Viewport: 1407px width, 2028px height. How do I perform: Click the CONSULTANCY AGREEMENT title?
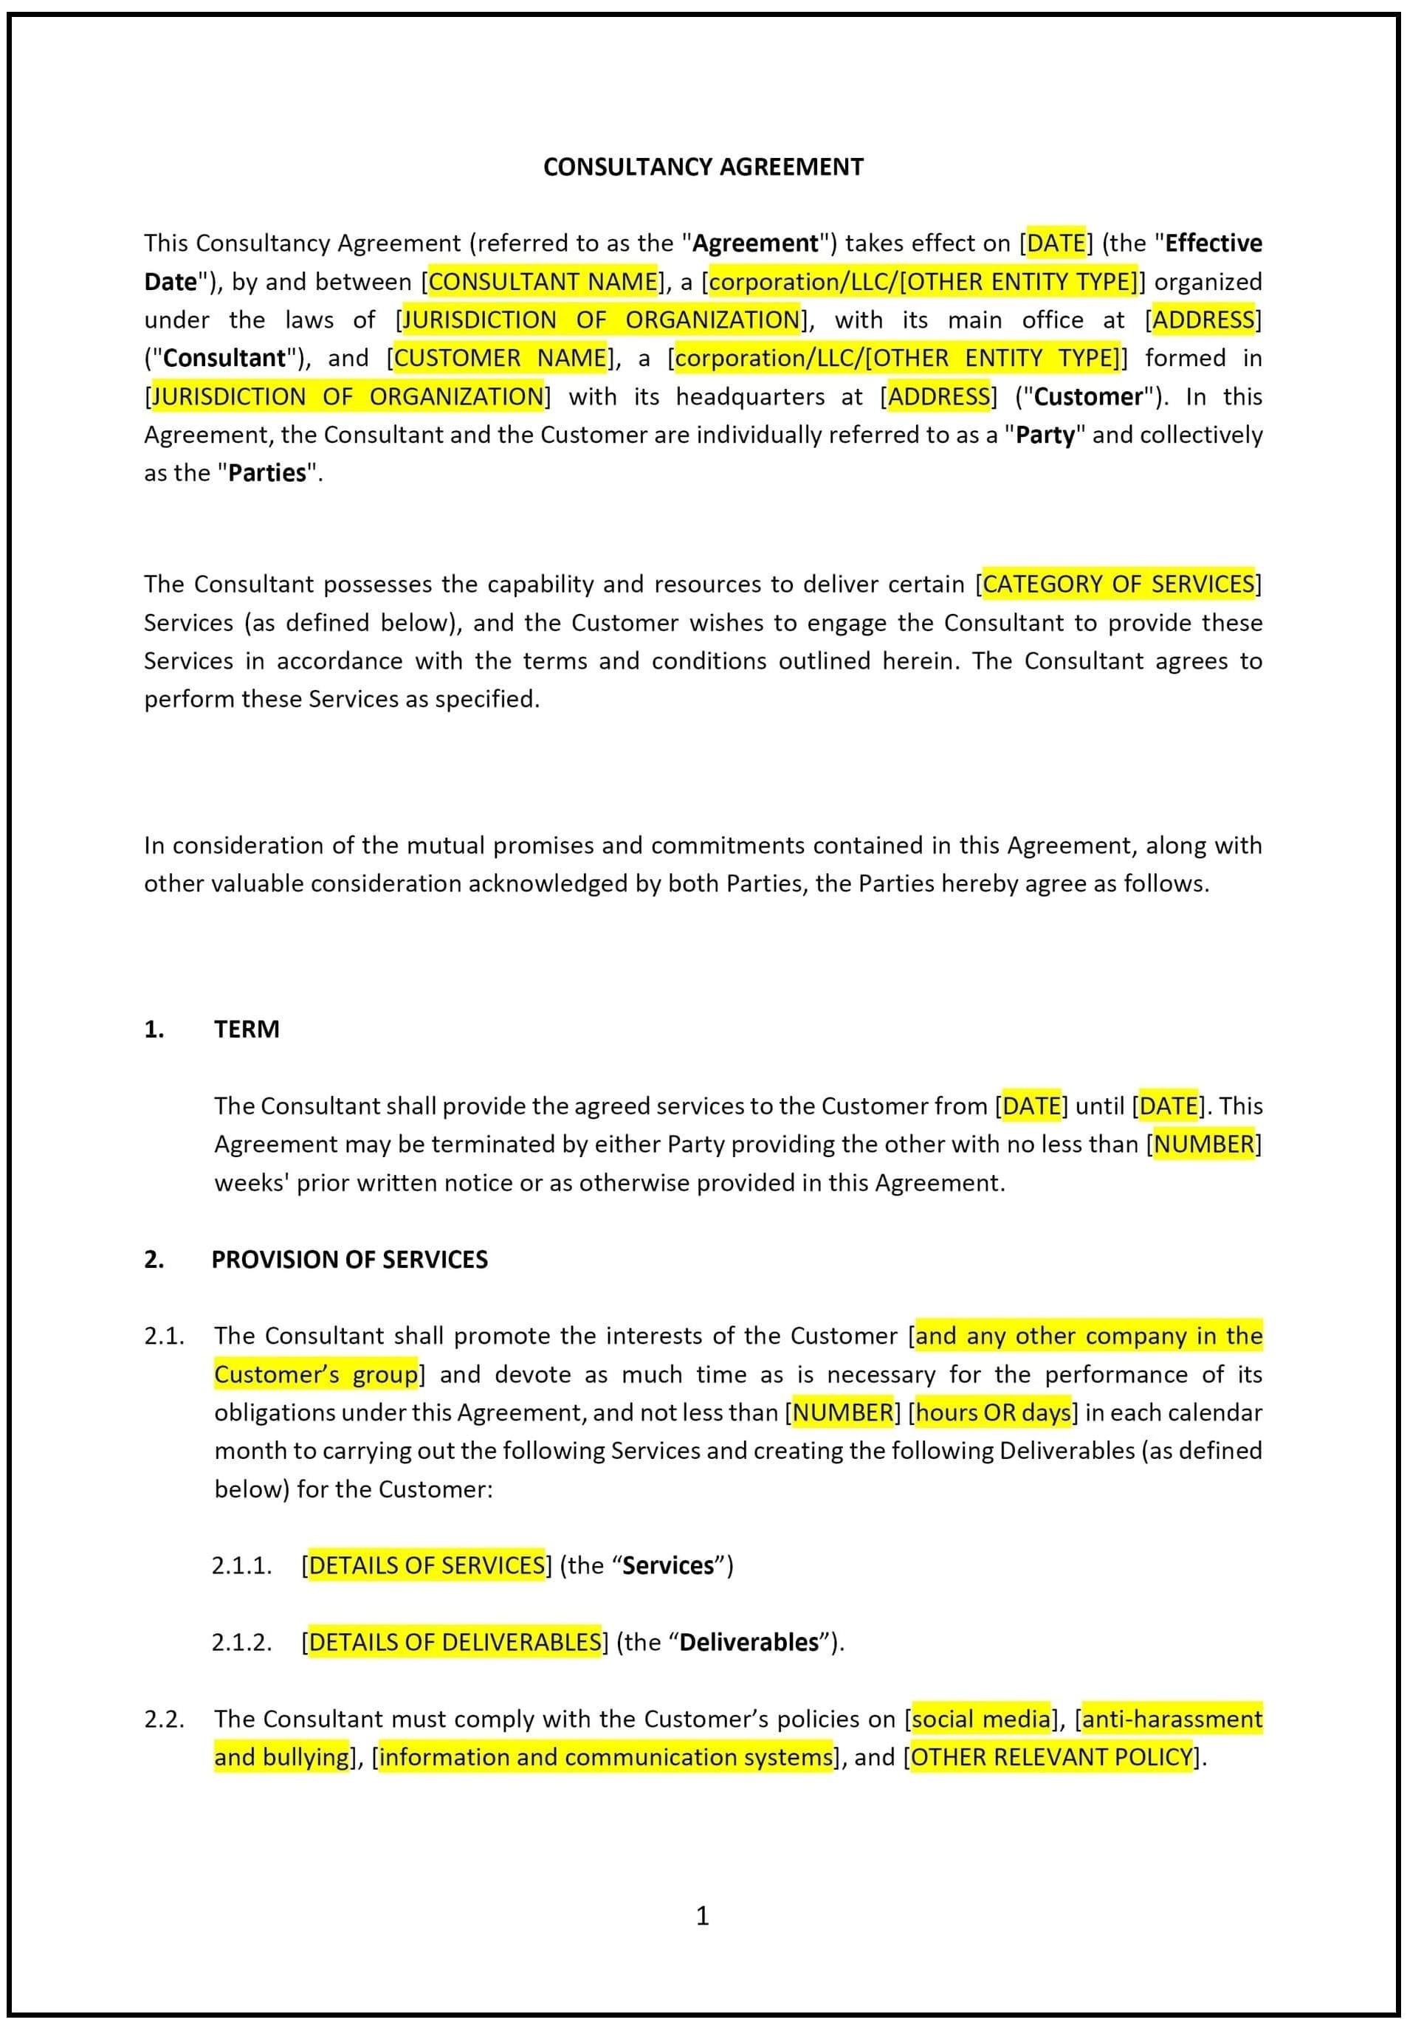(703, 167)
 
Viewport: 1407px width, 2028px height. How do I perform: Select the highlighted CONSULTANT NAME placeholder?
(542, 281)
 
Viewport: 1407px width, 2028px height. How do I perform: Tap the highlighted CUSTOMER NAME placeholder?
(500, 358)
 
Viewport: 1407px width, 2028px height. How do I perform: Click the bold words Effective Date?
(1213, 244)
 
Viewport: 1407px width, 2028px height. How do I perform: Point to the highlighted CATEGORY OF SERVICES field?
(1117, 584)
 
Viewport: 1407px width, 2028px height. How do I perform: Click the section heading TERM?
(246, 1029)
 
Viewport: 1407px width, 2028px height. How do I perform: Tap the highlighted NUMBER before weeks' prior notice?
(1203, 1144)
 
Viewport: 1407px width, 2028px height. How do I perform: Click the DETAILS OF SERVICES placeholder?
(427, 1565)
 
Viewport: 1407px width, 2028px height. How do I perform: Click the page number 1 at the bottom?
(702, 1915)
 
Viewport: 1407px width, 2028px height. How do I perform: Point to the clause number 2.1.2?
(241, 1642)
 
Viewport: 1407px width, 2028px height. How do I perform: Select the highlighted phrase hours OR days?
(993, 1412)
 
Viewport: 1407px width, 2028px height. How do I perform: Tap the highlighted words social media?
(980, 1719)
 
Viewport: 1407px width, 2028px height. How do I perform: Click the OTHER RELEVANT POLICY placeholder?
(1052, 1756)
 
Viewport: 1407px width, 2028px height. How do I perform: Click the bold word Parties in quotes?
(267, 473)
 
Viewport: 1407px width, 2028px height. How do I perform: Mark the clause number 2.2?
(164, 1719)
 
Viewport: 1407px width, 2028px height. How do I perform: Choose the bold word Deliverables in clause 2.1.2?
(749, 1642)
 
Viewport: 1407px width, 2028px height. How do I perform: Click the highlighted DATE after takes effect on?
(1056, 244)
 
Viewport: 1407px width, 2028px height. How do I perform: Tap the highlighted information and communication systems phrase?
(605, 1756)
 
